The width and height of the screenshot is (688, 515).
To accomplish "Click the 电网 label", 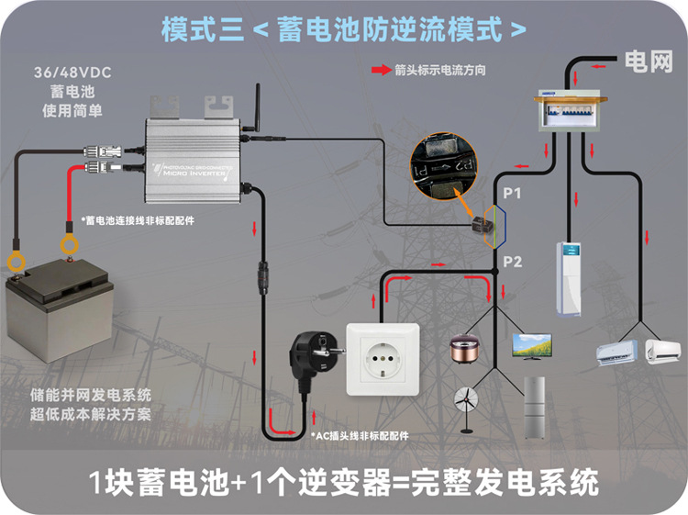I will coord(649,62).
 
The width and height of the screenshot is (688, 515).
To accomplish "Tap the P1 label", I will coord(511,194).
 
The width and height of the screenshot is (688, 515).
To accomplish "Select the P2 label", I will coord(512,263).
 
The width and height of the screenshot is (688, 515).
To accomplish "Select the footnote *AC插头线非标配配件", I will coord(362,435).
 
